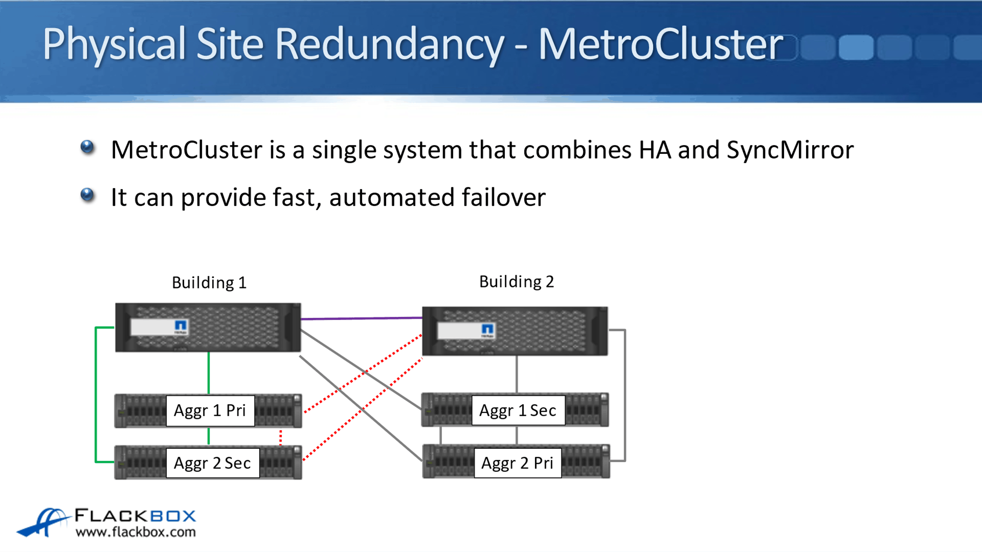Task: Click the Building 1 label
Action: [x=209, y=283]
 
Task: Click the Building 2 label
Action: [x=516, y=281]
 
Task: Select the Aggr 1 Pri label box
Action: [x=210, y=411]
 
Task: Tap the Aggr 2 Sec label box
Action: [x=213, y=463]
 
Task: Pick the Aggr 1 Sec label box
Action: [x=518, y=411]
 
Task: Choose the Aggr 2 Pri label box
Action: [x=517, y=463]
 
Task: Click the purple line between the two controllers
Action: [x=361, y=318]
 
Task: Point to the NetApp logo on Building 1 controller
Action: [x=180, y=325]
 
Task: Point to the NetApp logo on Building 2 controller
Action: [x=487, y=329]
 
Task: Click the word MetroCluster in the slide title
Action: [x=660, y=44]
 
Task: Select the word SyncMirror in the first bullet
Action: [x=790, y=150]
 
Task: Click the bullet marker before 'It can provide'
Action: [x=87, y=195]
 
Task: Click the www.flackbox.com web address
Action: [x=136, y=532]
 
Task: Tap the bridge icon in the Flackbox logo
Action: [x=43, y=522]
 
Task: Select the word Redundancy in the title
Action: [x=389, y=44]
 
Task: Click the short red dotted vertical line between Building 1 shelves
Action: [x=280, y=437]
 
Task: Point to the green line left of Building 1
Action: [x=96, y=395]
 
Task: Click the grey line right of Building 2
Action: [x=625, y=395]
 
